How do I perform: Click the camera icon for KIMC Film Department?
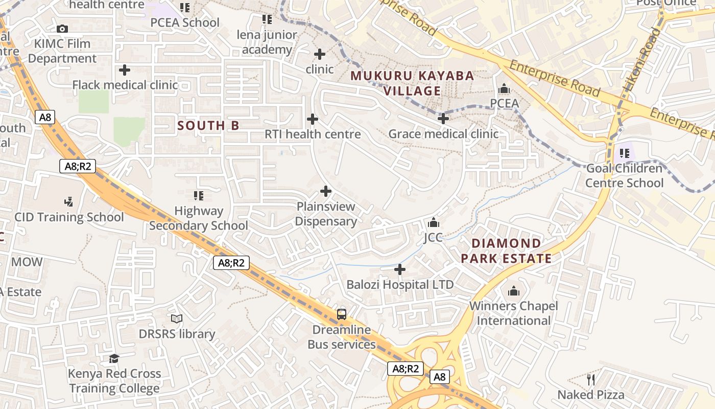pos(62,29)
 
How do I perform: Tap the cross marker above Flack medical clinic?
pos(124,70)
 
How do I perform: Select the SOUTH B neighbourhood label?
pos(208,125)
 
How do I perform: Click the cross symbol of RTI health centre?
pos(312,119)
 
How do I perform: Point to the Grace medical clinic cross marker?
pos(443,119)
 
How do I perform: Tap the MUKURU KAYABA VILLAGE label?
pos(412,83)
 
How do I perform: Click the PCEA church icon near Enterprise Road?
pos(504,89)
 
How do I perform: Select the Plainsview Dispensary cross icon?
pos(325,191)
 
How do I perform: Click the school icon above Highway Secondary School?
pos(199,195)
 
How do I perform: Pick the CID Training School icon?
pos(68,202)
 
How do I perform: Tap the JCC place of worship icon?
pos(433,223)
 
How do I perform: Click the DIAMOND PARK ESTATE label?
pos(506,251)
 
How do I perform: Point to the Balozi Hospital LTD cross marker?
pos(400,269)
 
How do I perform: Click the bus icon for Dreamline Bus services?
pos(342,314)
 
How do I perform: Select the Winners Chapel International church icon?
pos(514,291)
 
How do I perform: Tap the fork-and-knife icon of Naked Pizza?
pos(591,379)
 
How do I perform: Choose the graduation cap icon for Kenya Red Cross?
pos(114,358)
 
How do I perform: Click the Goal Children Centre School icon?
pos(624,153)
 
